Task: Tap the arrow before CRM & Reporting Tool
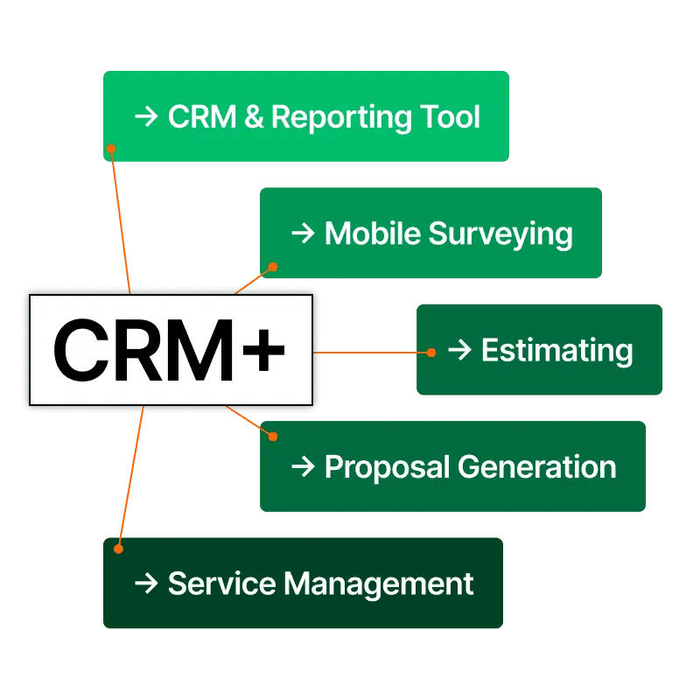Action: point(145,117)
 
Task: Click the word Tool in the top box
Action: point(450,117)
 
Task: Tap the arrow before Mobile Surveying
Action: point(302,233)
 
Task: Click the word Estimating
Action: point(557,350)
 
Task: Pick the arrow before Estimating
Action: point(459,350)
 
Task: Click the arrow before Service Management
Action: point(145,583)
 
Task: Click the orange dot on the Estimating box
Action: point(431,353)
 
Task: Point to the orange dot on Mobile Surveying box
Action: point(272,266)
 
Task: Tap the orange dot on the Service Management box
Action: point(119,549)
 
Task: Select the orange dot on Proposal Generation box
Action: point(272,435)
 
